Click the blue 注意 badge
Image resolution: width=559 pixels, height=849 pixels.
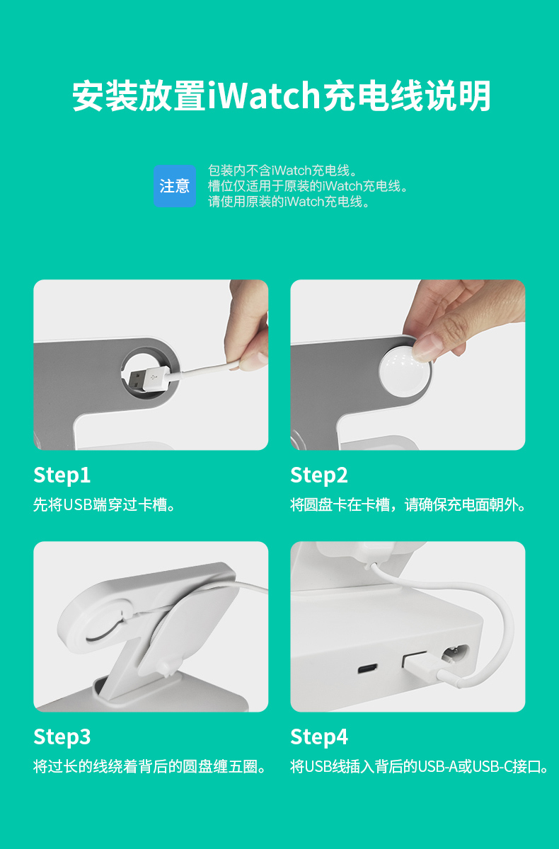pyautogui.click(x=175, y=186)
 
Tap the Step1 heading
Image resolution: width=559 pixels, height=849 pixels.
pyautogui.click(x=62, y=475)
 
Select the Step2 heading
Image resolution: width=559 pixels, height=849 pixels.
pyautogui.click(x=319, y=475)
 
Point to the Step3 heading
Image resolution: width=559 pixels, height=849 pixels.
pyautogui.click(x=62, y=737)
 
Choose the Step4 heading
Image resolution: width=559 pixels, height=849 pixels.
pyautogui.click(x=319, y=737)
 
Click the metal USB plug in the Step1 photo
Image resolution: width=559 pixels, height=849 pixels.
pyautogui.click(x=137, y=381)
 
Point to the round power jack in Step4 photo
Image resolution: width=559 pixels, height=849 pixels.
pyautogui.click(x=454, y=654)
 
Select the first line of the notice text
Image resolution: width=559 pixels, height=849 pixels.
pyautogui.click(x=282, y=171)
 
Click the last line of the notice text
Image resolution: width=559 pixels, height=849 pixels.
pyautogui.click(x=289, y=202)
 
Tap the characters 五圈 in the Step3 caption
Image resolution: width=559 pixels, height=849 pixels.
pyautogui.click(x=243, y=766)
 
